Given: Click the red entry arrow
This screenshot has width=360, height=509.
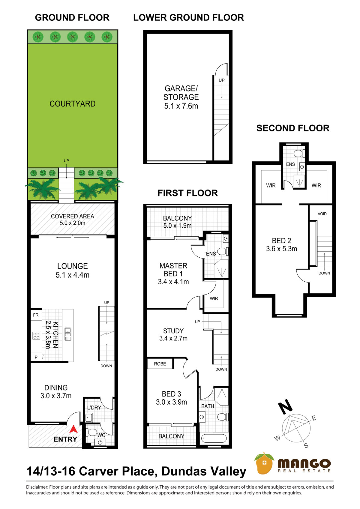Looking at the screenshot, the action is [73, 429].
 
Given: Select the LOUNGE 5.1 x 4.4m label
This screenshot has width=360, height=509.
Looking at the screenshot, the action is [73, 271].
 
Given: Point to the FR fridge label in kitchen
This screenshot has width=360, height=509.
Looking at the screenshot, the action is [36, 315].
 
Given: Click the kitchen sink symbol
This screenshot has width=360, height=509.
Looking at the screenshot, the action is [68, 334].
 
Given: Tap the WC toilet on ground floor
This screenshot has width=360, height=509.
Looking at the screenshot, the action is [92, 432].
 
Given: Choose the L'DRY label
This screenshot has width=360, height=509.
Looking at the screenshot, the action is [94, 407].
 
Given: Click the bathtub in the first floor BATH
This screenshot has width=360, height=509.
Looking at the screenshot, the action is [214, 438].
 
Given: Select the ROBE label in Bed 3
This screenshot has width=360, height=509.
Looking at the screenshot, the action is [160, 364].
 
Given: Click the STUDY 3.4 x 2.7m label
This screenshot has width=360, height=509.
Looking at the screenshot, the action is [173, 334].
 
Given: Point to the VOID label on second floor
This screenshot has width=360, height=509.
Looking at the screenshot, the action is [322, 214].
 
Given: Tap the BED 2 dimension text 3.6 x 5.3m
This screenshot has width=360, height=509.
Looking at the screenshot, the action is [282, 249].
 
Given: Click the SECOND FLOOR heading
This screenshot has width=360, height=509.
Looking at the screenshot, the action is [293, 128].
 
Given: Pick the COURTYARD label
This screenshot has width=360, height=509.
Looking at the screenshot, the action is [73, 103].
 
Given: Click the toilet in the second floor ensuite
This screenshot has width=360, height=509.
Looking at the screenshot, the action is [299, 154].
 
